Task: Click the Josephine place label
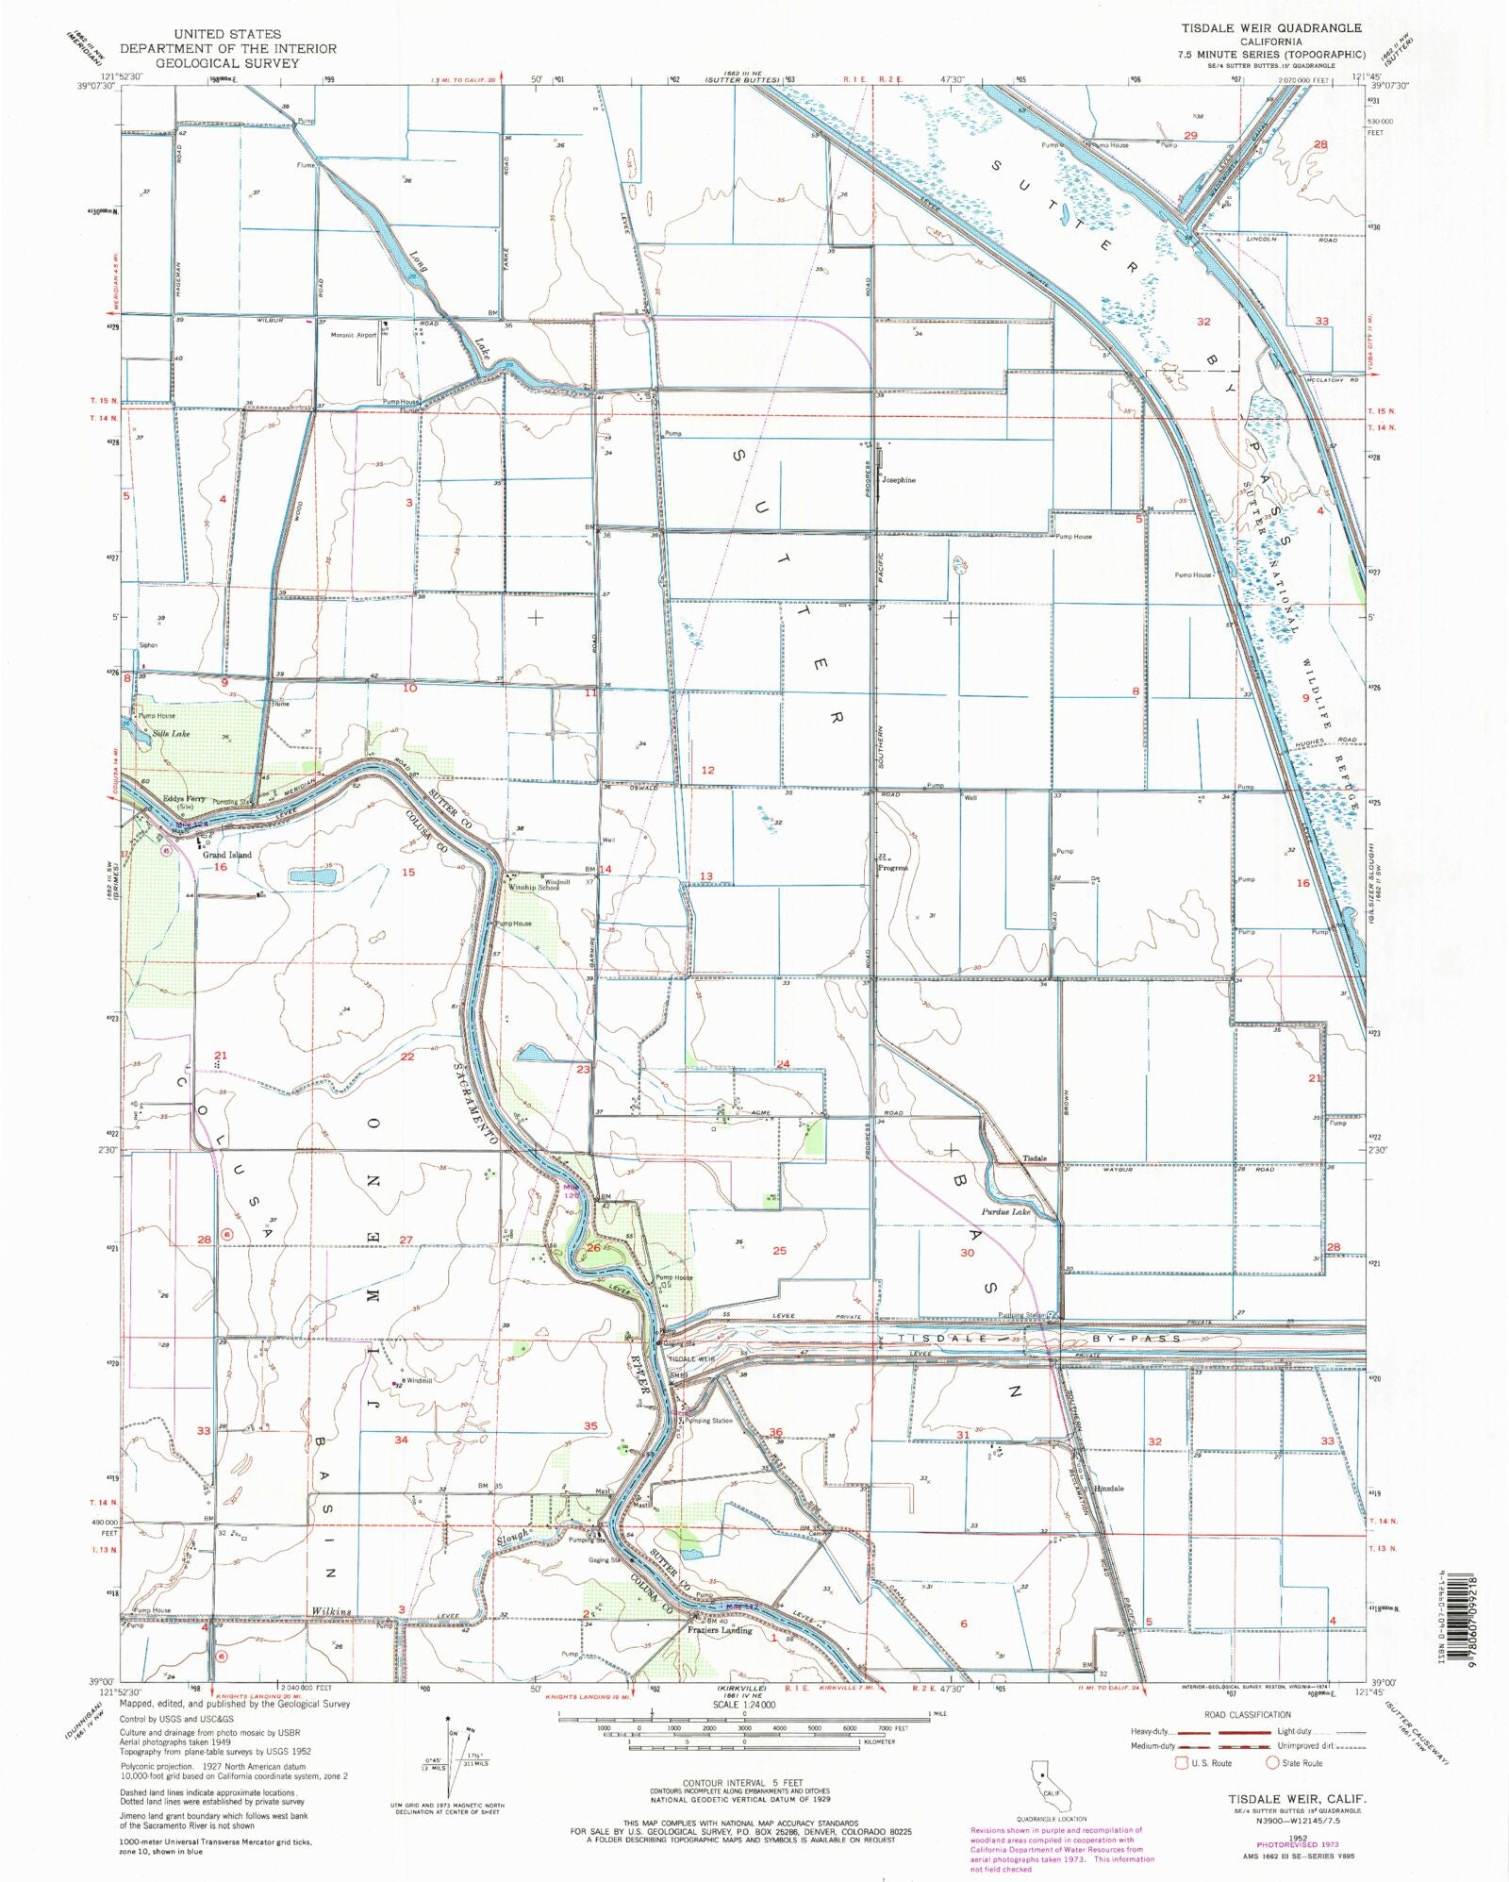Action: click(x=898, y=480)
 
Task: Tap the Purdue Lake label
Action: click(x=1005, y=1211)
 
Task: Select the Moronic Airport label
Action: click(x=353, y=335)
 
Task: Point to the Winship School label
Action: click(x=534, y=887)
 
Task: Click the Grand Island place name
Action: click(x=227, y=855)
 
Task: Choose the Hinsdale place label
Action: click(x=1109, y=1489)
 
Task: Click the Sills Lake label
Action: click(x=167, y=733)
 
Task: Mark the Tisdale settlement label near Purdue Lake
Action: click(x=1035, y=1158)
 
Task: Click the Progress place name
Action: click(x=892, y=867)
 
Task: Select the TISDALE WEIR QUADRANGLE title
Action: click(x=1271, y=28)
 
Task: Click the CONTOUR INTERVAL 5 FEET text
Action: click(x=727, y=1783)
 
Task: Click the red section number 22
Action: click(x=407, y=1057)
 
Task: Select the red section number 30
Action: click(x=967, y=1253)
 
